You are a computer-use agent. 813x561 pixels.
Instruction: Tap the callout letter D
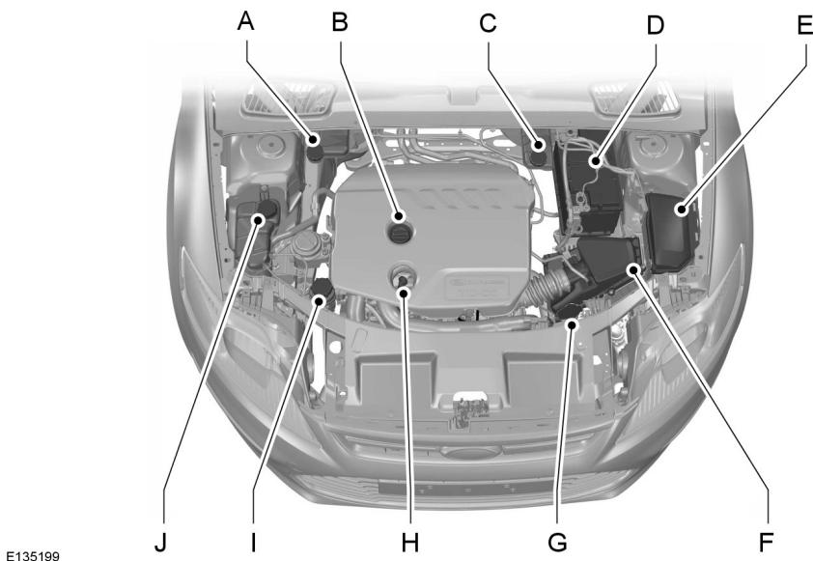coord(656,23)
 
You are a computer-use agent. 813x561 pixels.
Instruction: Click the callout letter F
coord(766,542)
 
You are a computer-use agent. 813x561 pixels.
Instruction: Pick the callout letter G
coord(557,542)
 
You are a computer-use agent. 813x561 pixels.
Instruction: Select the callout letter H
coord(409,542)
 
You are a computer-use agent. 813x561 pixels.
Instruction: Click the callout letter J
coord(160,542)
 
